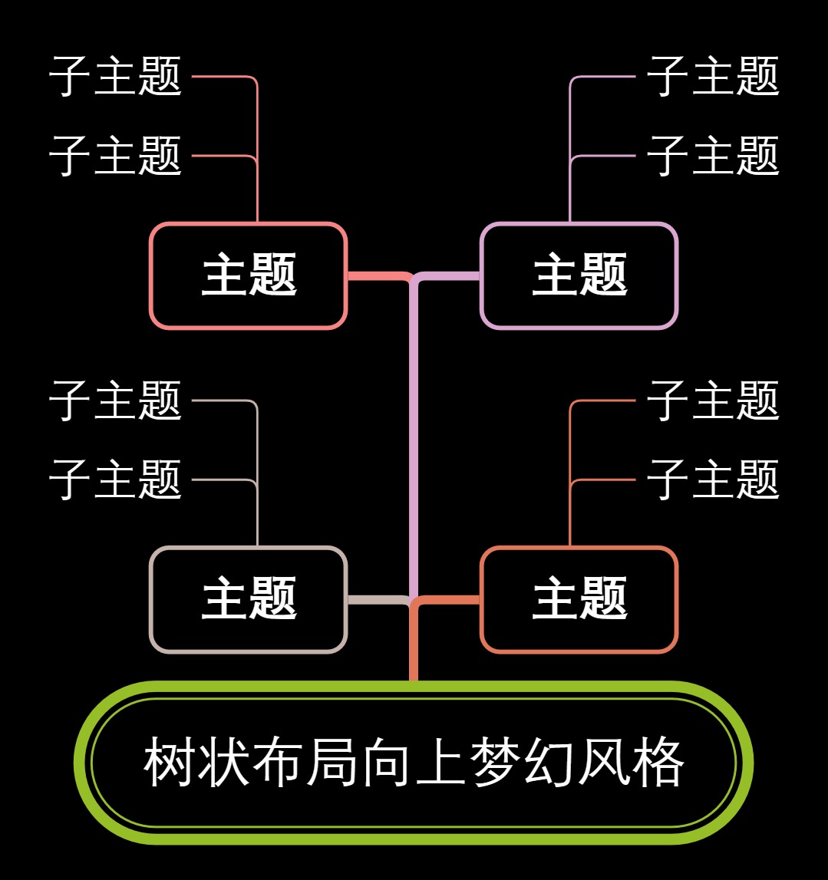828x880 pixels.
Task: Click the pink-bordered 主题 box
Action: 249,276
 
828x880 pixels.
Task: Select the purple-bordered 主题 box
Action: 579,276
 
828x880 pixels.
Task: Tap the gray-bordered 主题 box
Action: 249,600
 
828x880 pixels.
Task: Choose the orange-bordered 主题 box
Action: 579,600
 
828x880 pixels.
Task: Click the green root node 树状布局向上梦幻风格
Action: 414,763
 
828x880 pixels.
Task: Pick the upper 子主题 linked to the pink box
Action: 115,77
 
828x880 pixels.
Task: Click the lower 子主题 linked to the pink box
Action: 115,156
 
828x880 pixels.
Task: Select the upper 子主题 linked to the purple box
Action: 713,77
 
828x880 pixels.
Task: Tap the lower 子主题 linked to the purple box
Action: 713,156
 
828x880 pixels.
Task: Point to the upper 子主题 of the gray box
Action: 115,400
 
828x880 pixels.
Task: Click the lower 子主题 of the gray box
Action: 115,480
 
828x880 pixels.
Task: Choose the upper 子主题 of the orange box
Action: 713,400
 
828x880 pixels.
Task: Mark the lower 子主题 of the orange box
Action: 713,480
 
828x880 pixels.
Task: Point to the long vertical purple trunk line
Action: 414,437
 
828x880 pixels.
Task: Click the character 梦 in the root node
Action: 495,763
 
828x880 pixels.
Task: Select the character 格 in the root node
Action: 658,763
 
